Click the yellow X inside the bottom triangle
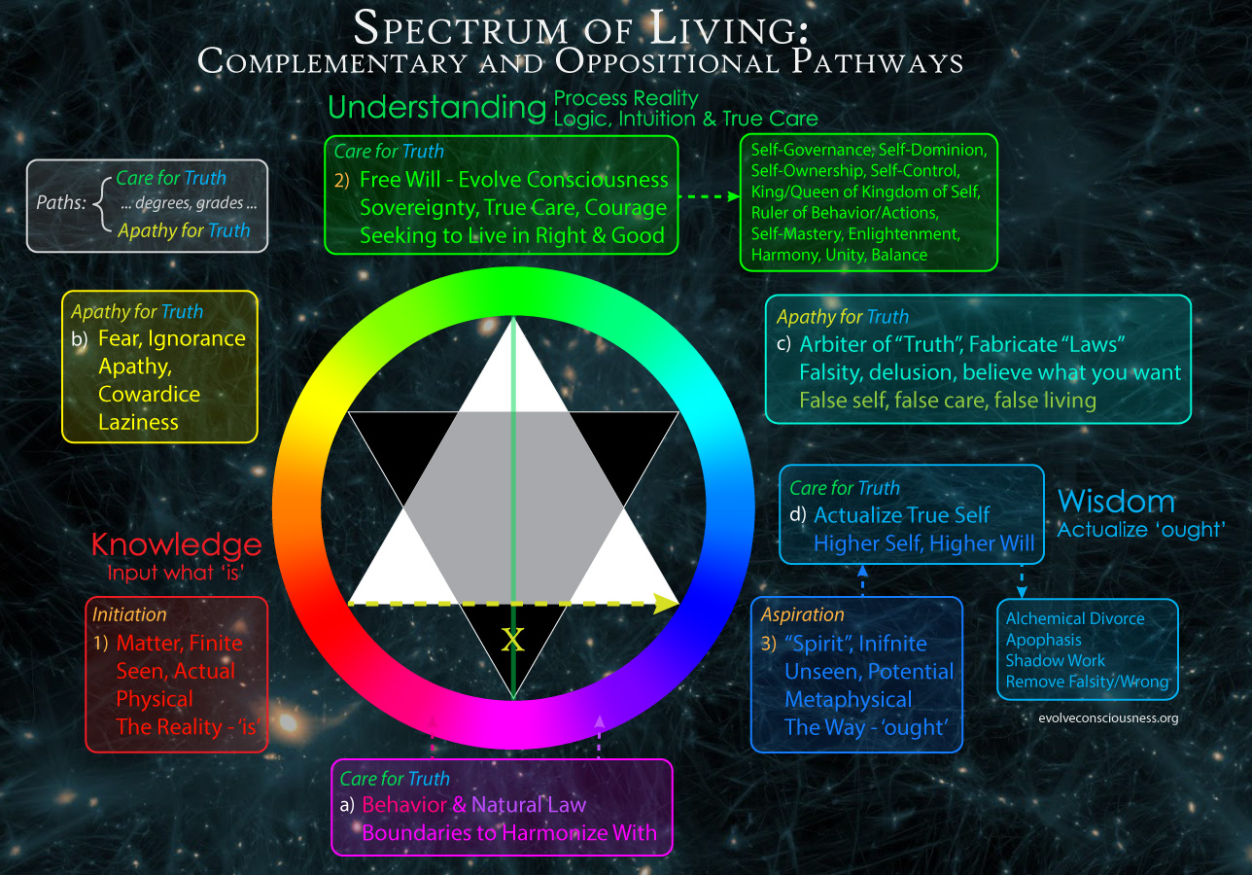(x=512, y=639)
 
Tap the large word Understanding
(x=437, y=108)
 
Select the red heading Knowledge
(x=176, y=544)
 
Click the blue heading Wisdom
(x=1116, y=502)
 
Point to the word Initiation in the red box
(x=129, y=614)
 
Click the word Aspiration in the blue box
(x=802, y=614)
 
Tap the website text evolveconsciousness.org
(x=1108, y=718)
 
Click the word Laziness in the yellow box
(x=138, y=422)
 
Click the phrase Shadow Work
(x=1056, y=660)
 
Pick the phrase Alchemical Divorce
(x=1075, y=618)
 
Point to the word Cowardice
(x=149, y=394)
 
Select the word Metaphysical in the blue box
(x=849, y=700)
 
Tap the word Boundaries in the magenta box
(x=412, y=832)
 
